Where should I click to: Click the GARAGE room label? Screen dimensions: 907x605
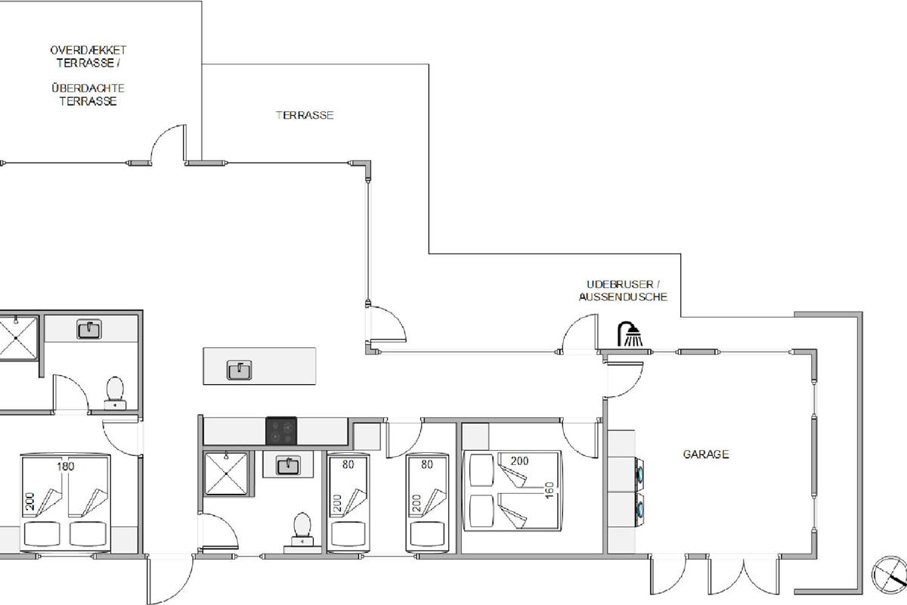pos(706,455)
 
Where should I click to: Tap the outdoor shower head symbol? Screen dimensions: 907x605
pos(630,334)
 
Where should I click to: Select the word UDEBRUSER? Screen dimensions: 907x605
pos(620,284)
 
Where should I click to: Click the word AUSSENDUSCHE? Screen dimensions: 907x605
pos(623,297)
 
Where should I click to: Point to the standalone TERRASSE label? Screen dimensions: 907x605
pos(305,116)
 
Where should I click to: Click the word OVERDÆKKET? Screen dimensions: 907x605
pos(88,50)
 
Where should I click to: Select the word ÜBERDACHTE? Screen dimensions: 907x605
pos(88,88)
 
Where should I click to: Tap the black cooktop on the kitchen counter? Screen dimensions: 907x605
pos(281,431)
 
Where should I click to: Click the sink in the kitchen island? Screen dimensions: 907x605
pos(240,370)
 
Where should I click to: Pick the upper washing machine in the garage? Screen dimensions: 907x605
pos(639,473)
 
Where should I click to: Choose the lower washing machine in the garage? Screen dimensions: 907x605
pos(639,508)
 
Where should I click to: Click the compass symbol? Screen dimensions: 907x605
pos(890,575)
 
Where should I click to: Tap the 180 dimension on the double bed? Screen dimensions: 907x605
pos(65,467)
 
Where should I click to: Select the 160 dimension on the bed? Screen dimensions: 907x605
pos(549,490)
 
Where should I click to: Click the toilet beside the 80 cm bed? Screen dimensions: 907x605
pos(302,529)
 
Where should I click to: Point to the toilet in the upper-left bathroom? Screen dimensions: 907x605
pos(115,393)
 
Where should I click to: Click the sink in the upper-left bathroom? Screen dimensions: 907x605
pos(89,330)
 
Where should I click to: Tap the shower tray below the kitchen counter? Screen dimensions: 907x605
pos(226,473)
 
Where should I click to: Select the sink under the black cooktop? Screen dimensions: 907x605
pos(288,466)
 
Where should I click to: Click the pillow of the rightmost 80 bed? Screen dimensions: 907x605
pos(427,534)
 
